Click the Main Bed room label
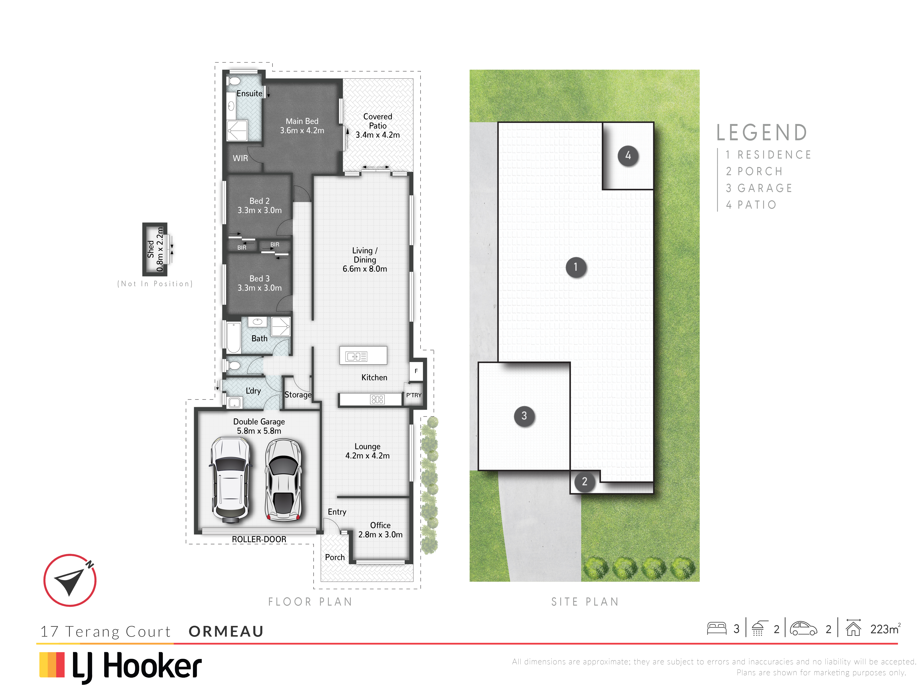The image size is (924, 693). (302, 121)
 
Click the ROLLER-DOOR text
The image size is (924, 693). (259, 539)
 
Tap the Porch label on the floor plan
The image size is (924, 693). (335, 557)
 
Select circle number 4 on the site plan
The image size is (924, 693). (628, 156)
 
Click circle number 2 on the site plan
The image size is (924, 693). (584, 482)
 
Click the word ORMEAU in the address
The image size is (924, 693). (226, 631)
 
